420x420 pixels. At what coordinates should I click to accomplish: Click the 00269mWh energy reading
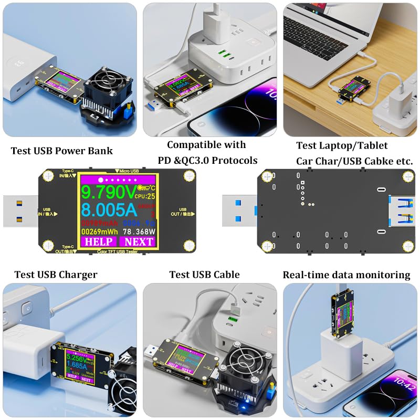point(100,230)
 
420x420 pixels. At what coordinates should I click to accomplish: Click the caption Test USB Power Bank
point(62,151)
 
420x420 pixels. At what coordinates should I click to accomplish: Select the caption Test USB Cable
point(204,275)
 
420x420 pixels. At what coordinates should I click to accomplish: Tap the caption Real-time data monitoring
point(346,275)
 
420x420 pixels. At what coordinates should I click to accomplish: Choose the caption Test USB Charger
point(56,275)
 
